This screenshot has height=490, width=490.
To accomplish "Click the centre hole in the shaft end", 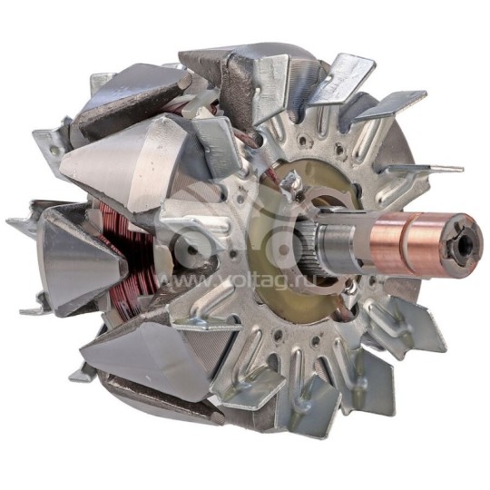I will tap(467, 243).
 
